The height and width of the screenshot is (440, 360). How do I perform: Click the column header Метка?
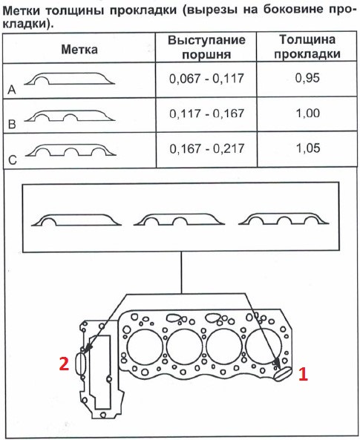pos(79,50)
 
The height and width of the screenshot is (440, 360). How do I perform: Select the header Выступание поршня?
pos(206,47)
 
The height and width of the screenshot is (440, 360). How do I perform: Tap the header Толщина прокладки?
pos(307,47)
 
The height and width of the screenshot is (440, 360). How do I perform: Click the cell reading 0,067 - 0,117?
pos(206,79)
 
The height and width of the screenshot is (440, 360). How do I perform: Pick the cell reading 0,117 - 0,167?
pos(206,114)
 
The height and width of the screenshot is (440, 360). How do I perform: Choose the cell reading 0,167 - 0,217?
pos(206,148)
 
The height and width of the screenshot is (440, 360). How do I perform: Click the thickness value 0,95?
pos(307,78)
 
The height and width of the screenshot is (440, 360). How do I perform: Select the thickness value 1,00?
pos(308,113)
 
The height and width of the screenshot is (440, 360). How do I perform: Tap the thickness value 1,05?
pos(308,148)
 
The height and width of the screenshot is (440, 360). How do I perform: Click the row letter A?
pos(12,90)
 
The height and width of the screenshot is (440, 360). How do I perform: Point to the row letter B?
pos(12,125)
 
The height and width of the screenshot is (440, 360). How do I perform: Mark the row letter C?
pos(13,160)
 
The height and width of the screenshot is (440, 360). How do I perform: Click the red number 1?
pos(303,375)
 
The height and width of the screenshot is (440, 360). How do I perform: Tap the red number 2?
pos(64,364)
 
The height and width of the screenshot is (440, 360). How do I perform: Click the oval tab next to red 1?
pos(283,374)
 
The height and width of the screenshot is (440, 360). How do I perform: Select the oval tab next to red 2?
pos(81,363)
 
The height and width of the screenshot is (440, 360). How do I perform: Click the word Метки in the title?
pos(22,10)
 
